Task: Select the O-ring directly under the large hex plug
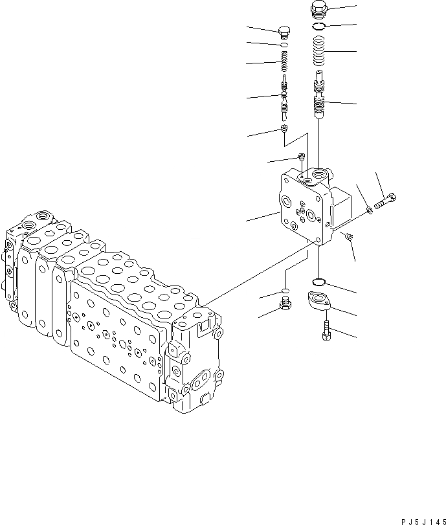319,27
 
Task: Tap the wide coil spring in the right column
319,51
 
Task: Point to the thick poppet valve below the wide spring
319,97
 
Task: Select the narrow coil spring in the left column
284,63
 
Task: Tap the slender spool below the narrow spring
284,97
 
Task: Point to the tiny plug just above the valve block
302,156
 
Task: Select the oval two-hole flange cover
319,302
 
